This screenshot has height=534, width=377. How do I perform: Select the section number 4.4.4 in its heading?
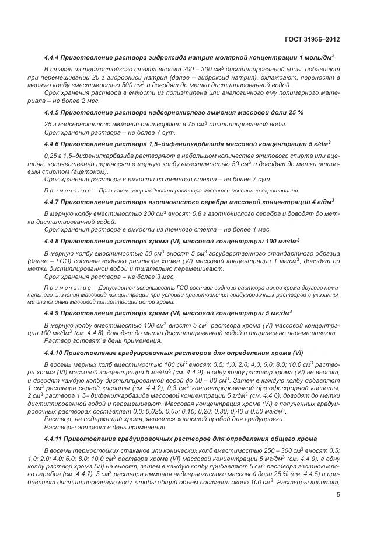tap(54, 57)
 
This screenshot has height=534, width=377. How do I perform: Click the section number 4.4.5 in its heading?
tap(54, 112)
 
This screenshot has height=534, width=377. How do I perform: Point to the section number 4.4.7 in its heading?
tap(54, 202)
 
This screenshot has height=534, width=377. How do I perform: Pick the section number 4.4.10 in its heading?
tap(55, 353)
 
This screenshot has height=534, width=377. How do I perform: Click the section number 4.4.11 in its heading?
tap(55, 438)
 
